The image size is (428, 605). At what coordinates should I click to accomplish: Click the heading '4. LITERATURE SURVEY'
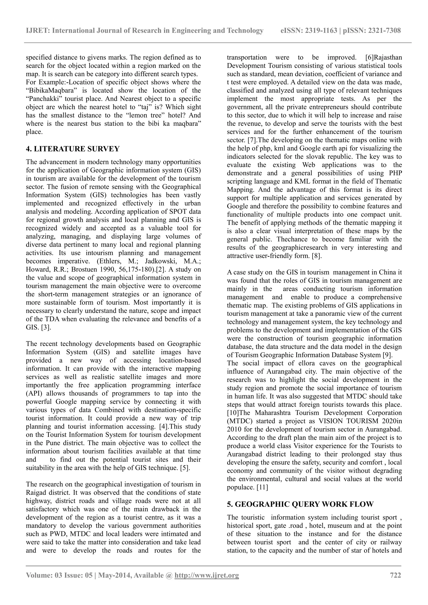[73, 149]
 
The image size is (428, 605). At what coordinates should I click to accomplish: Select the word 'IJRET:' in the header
[38, 31]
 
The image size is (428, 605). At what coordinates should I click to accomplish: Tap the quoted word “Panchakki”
[44, 99]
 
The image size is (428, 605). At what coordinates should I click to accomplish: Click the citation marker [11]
[262, 487]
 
